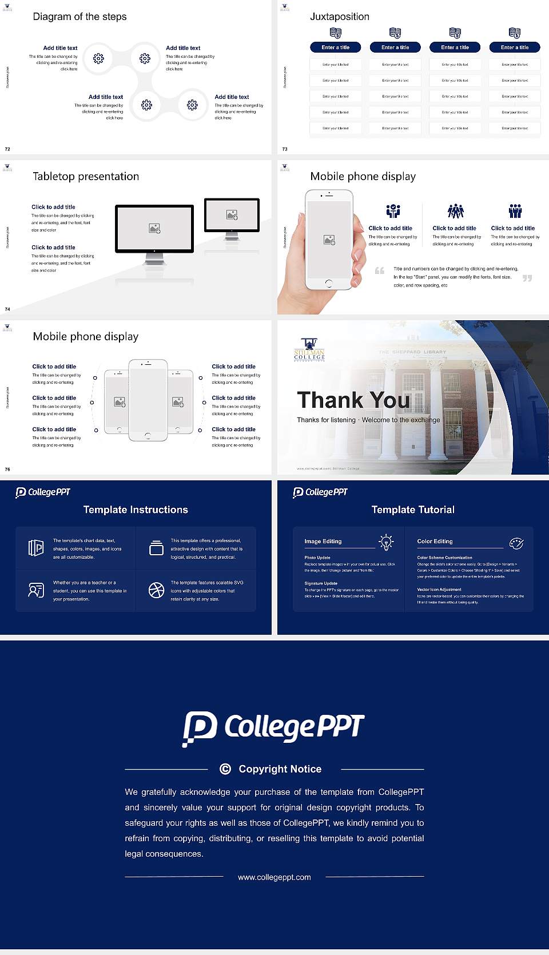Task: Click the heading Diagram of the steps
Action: click(x=79, y=17)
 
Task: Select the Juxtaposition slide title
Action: click(x=339, y=17)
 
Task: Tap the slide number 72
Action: click(x=7, y=149)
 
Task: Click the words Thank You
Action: click(x=353, y=400)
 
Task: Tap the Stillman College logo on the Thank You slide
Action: click(x=309, y=349)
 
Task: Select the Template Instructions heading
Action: click(x=136, y=510)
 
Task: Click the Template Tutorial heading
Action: click(x=413, y=510)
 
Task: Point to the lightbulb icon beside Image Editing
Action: click(x=386, y=542)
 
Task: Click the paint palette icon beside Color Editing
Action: click(x=516, y=543)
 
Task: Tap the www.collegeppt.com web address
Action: click(x=274, y=877)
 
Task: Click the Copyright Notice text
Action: click(x=280, y=769)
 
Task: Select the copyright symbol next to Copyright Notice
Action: click(x=225, y=769)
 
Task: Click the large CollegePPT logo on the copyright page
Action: click(x=273, y=728)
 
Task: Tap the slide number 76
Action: click(x=7, y=469)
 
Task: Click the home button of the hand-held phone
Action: click(x=328, y=283)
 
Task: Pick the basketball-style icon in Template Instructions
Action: click(x=156, y=590)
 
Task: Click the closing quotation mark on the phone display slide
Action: click(x=527, y=278)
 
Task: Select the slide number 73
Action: click(x=285, y=149)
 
